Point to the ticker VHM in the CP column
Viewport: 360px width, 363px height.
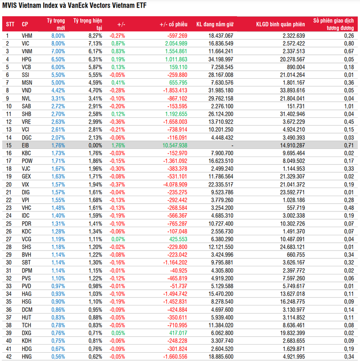tap(27, 35)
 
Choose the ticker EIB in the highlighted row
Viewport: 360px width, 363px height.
tap(26, 145)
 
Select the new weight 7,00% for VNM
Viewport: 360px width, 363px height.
tap(58, 51)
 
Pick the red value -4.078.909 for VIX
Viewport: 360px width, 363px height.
tap(172, 184)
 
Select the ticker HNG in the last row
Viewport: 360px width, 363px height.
tap(27, 357)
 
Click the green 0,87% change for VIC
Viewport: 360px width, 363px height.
tap(117, 43)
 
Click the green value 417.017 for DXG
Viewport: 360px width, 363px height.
tap(177, 333)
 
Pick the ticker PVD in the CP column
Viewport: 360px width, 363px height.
tap(27, 287)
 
